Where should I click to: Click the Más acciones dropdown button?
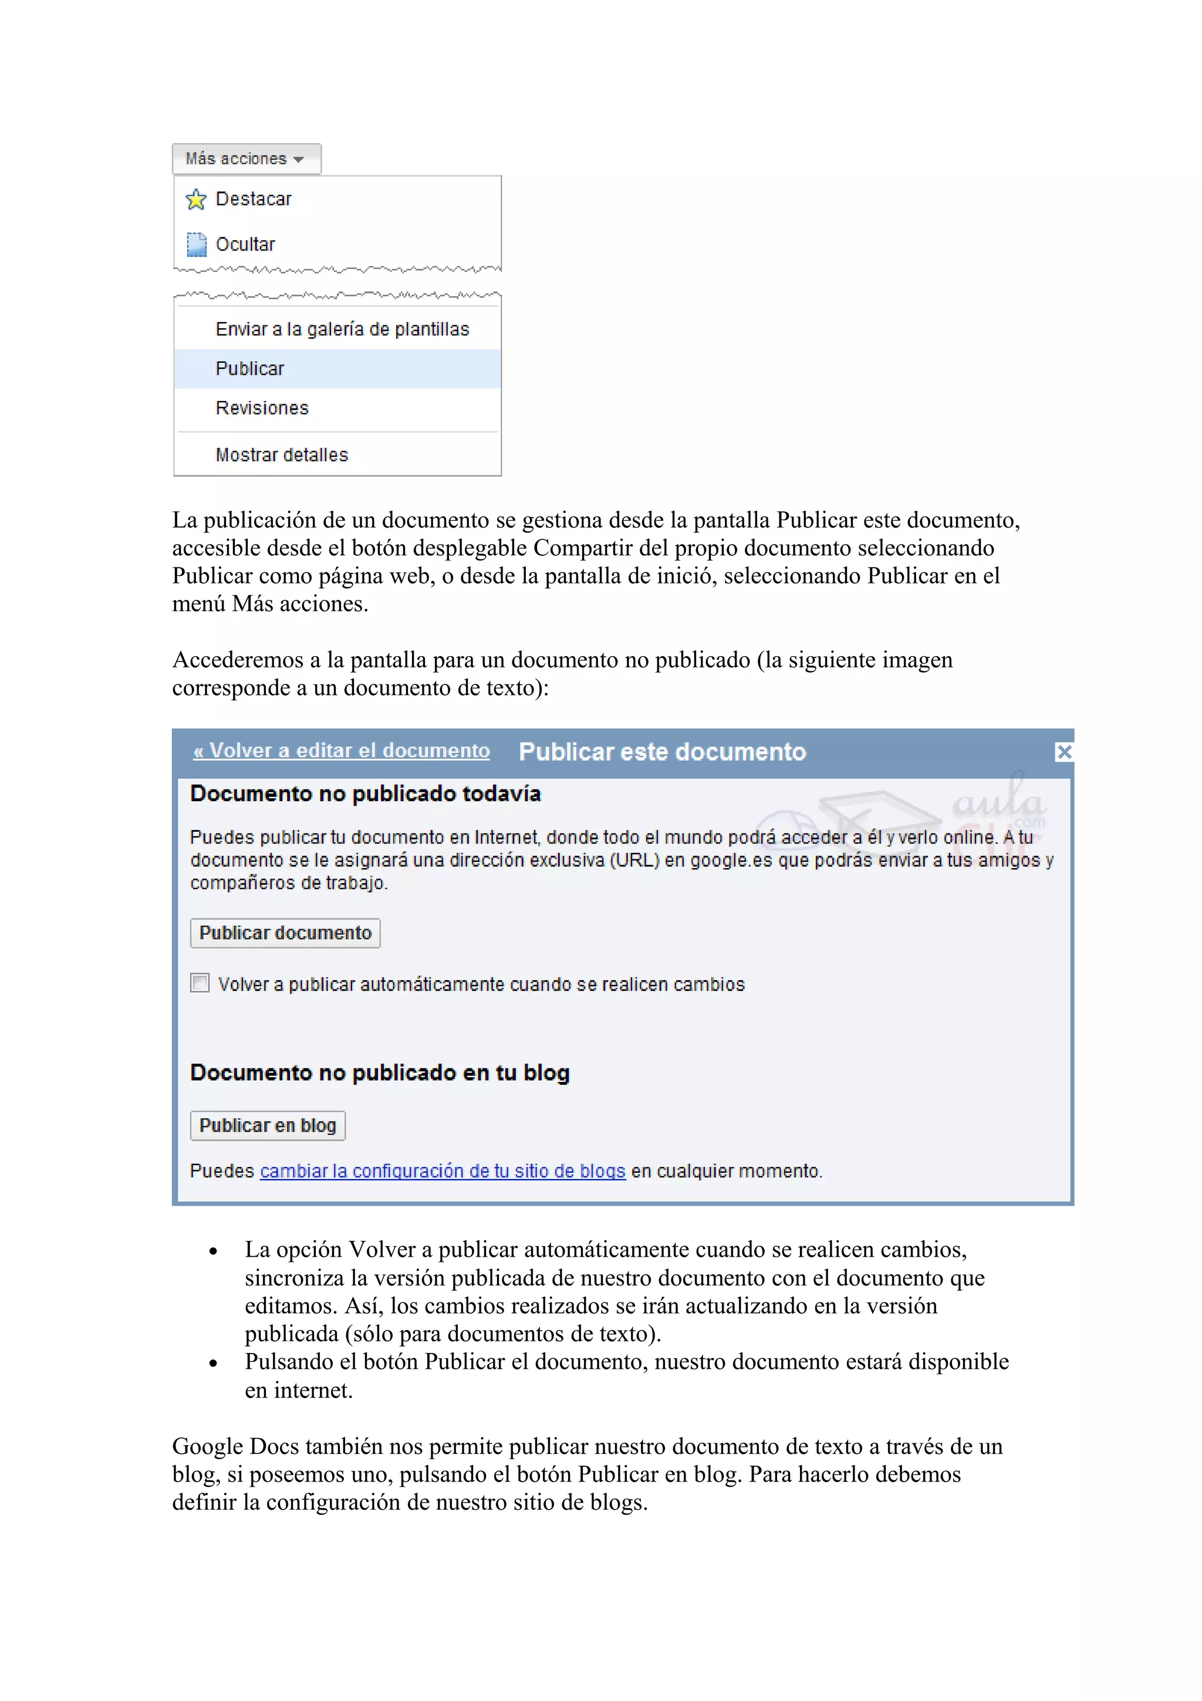point(246,159)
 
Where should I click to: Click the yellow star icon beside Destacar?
point(196,200)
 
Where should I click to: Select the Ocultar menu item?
point(245,245)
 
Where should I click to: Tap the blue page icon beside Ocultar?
point(196,245)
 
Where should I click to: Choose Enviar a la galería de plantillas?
point(342,330)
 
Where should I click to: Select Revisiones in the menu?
point(262,408)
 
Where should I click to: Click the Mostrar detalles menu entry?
point(282,455)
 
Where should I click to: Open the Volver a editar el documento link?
point(342,751)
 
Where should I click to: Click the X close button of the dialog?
point(1063,752)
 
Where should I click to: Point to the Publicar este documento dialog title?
point(662,752)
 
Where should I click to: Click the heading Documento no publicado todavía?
point(365,794)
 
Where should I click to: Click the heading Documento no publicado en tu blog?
point(379,1073)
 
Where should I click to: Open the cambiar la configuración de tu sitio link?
point(443,1172)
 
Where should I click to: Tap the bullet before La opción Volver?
point(213,1252)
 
